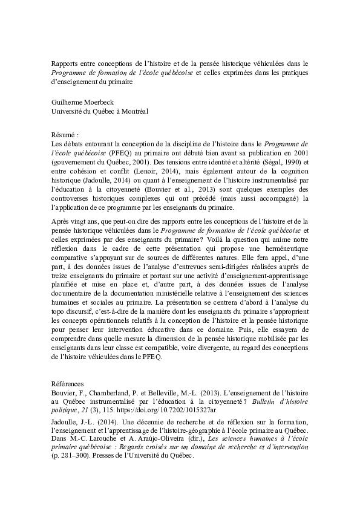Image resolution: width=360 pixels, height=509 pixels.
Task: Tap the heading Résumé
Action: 64,135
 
